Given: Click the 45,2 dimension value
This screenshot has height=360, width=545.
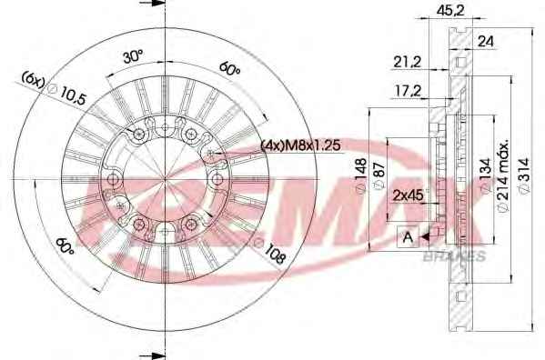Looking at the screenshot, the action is click(450, 11).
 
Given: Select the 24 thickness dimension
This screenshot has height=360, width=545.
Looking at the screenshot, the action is click(486, 41).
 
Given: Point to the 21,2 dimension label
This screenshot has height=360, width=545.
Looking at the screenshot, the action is click(407, 62).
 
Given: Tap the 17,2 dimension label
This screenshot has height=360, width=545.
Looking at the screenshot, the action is click(408, 91).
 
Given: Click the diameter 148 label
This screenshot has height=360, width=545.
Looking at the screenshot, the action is click(361, 175).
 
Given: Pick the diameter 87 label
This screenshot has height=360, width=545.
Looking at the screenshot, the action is click(378, 175).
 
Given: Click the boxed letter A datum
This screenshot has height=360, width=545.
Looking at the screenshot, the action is click(408, 236).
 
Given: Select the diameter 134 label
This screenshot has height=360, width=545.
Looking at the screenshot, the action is click(486, 175).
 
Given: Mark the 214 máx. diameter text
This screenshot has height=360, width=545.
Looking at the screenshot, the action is click(504, 175).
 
